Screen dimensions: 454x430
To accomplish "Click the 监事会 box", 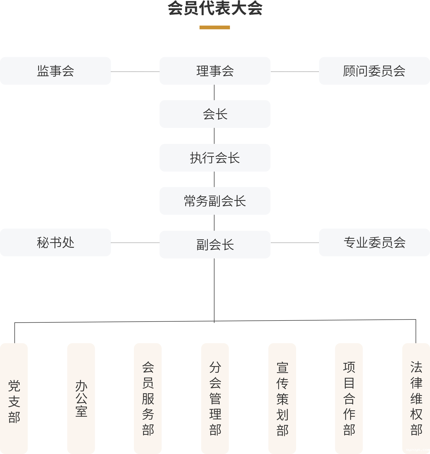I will pyautogui.click(x=55, y=71).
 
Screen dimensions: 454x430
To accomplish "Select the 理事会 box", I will pyautogui.click(x=215, y=71).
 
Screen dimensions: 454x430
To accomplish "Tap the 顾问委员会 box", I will pyautogui.click(x=374, y=71).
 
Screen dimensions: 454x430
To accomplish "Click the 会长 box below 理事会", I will pyautogui.click(x=215, y=114).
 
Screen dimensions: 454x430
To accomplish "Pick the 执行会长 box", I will pyautogui.click(x=215, y=158).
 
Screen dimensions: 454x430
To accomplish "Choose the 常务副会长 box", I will pyautogui.click(x=215, y=201).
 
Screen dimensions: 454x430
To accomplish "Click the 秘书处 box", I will pyautogui.click(x=55, y=242).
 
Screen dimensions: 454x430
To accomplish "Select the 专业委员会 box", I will pyautogui.click(x=374, y=242).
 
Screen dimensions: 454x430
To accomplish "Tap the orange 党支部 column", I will pyautogui.click(x=14, y=398).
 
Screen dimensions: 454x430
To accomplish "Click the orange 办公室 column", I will pyautogui.click(x=81, y=398).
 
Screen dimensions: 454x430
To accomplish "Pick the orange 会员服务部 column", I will pyautogui.click(x=148, y=398).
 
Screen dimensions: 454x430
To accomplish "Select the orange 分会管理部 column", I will pyautogui.click(x=215, y=398).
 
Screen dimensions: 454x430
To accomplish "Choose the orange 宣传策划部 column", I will pyautogui.click(x=282, y=398).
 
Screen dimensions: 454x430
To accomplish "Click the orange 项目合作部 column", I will pyautogui.click(x=349, y=398).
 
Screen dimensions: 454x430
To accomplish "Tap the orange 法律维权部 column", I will pyautogui.click(x=416, y=398).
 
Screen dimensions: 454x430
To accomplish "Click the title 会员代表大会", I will pyautogui.click(x=215, y=8).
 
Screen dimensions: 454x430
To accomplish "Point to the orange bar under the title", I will pyautogui.click(x=215, y=27).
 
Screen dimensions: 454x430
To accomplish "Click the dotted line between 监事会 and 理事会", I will pyautogui.click(x=135, y=71).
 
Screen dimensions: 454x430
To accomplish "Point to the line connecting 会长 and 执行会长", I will pyautogui.click(x=214, y=136).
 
